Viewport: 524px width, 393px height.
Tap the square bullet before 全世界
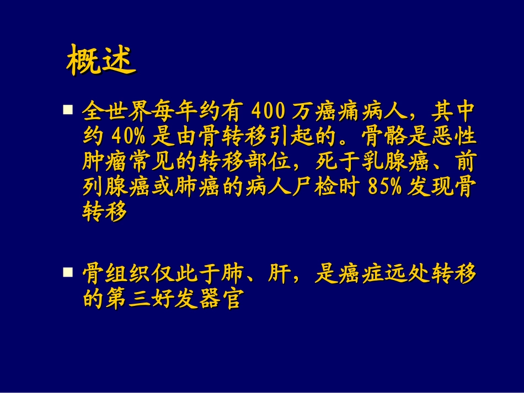coord(68,110)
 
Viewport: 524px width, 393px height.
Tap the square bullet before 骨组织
coord(68,272)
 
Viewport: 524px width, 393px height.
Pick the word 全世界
coord(113,112)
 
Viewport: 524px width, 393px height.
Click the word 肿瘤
coord(103,163)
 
